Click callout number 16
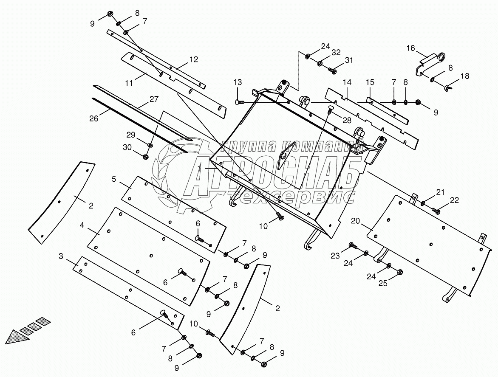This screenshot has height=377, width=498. [x=410, y=48]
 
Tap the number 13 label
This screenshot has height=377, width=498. [x=238, y=82]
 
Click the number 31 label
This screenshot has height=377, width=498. [x=348, y=61]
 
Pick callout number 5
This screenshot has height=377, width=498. [x=114, y=179]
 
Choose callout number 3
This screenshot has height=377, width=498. [x=61, y=256]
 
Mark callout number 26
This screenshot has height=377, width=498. [x=93, y=118]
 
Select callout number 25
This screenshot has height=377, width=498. [x=383, y=284]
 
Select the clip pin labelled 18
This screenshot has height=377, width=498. [x=448, y=88]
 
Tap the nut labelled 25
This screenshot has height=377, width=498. [x=399, y=272]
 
